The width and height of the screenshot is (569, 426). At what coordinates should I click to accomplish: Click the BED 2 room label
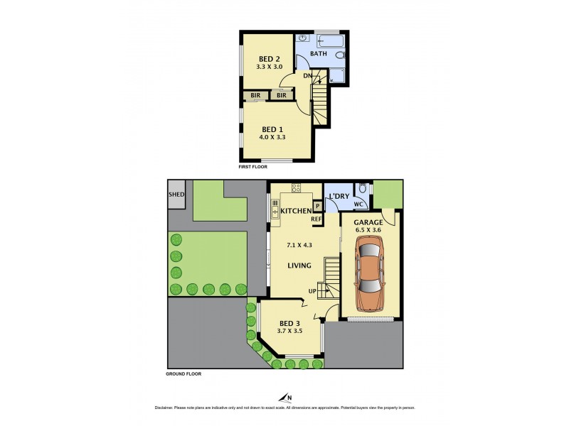pyautogui.click(x=269, y=59)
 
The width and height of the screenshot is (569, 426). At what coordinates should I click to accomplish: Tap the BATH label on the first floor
pyautogui.click(x=319, y=53)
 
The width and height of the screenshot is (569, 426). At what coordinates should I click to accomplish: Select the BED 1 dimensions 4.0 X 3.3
pyautogui.click(x=273, y=138)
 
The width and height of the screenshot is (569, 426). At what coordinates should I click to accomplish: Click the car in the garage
pyautogui.click(x=369, y=273)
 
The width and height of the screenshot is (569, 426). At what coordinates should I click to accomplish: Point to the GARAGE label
pyautogui.click(x=370, y=222)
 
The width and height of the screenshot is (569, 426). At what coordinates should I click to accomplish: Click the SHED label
pyautogui.click(x=176, y=194)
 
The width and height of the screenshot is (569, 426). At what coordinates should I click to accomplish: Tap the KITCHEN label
pyautogui.click(x=295, y=212)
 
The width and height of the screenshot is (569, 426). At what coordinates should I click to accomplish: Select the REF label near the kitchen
pyautogui.click(x=317, y=219)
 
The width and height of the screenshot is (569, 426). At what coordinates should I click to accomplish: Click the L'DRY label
pyautogui.click(x=338, y=197)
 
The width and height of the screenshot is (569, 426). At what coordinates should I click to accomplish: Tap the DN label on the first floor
pyautogui.click(x=308, y=75)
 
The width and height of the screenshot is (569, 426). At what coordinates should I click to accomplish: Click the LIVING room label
pyautogui.click(x=300, y=266)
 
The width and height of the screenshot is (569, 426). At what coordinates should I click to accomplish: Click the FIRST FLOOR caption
pyautogui.click(x=256, y=167)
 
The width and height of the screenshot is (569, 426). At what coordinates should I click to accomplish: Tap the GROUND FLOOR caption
pyautogui.click(x=184, y=373)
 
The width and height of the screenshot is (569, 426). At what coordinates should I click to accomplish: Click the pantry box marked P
pyautogui.click(x=317, y=206)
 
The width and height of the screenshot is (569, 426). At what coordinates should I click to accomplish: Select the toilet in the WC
pyautogui.click(x=362, y=189)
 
